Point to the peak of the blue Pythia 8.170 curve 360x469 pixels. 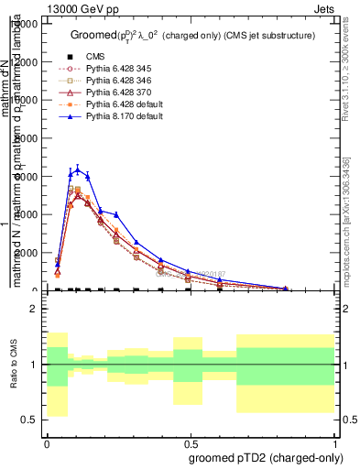[x=79, y=169]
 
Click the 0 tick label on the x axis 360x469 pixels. [x=47, y=442]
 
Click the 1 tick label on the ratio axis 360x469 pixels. [x=34, y=365]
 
